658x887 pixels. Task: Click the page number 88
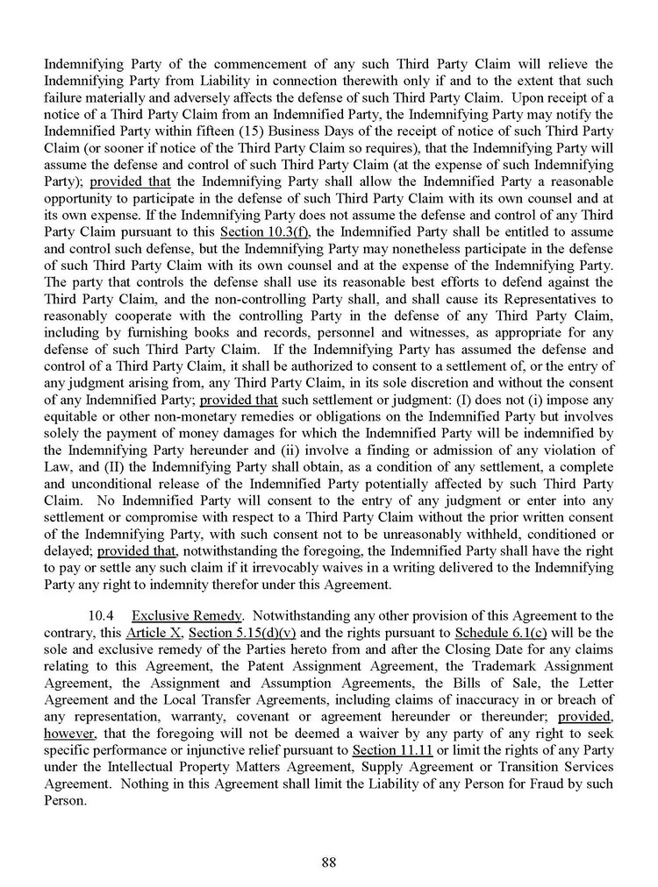coord(329,862)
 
